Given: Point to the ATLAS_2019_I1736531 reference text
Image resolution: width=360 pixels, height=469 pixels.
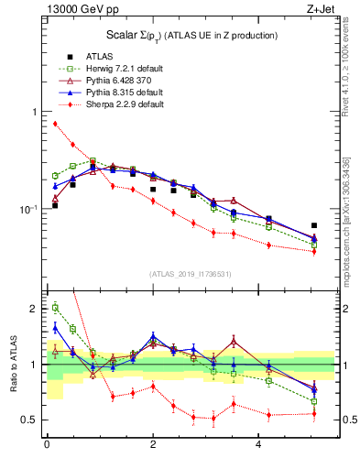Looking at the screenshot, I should click(190, 273).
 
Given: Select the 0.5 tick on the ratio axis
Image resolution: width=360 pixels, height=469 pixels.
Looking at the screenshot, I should click(33, 420).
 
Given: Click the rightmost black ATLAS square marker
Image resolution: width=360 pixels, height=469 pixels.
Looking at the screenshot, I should click(314, 225).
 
